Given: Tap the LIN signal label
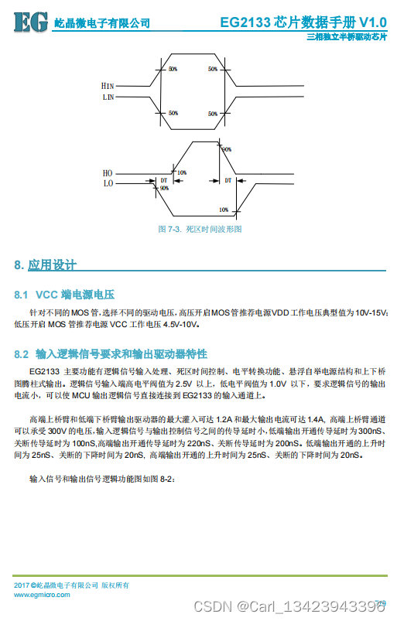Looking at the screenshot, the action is click(x=108, y=98).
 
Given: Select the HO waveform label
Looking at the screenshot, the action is click(x=108, y=173).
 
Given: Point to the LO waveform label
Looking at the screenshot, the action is click(x=108, y=184).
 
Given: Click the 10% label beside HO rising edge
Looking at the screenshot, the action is click(x=182, y=172).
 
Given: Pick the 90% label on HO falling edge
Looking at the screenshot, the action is click(x=227, y=148).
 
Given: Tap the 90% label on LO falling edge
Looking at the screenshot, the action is click(x=164, y=188).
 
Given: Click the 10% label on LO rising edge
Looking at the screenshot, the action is click(x=223, y=210).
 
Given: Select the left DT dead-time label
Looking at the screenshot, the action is click(x=164, y=179).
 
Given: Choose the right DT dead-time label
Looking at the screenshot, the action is click(x=228, y=179).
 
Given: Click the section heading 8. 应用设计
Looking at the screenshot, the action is click(x=46, y=265).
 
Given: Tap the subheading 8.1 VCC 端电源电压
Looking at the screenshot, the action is click(x=64, y=295).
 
